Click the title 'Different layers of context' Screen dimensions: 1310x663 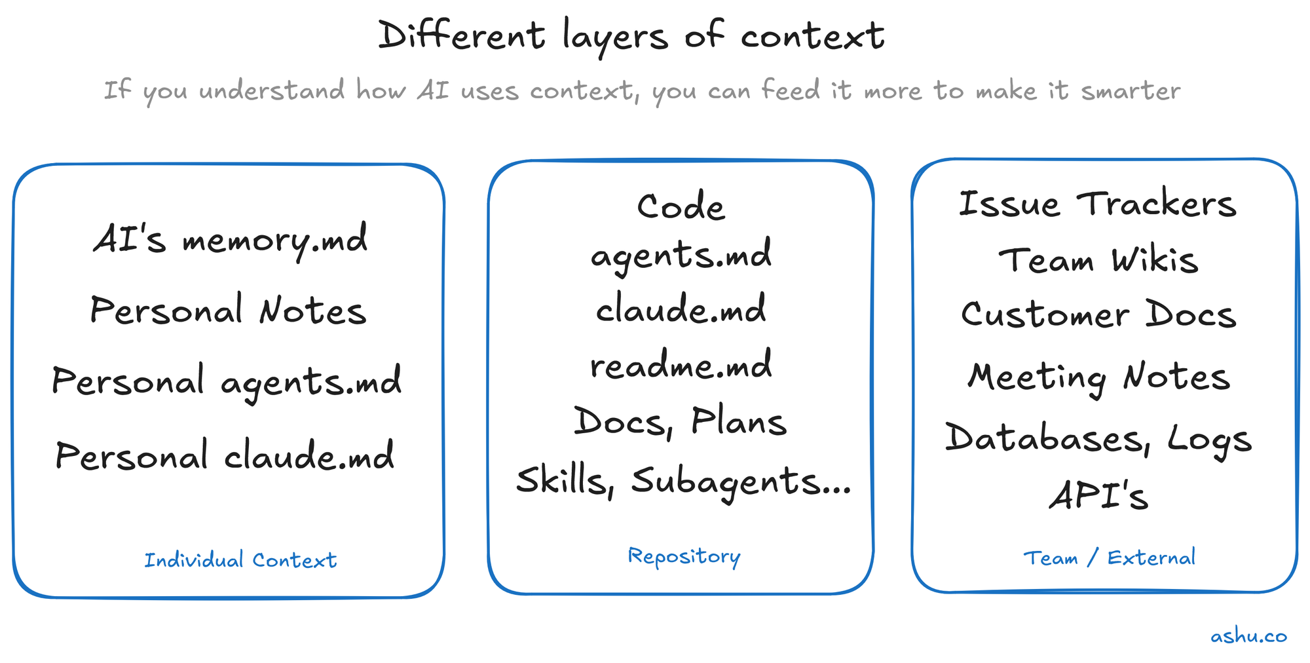pos(631,36)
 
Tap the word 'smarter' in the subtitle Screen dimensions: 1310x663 pos(1131,90)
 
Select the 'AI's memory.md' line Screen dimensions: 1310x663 pos(231,240)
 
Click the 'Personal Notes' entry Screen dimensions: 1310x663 pos(228,311)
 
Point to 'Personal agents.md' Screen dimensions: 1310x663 pos(227,381)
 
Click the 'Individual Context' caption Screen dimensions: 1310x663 pos(240,560)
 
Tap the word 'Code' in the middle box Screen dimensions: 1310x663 pos(681,207)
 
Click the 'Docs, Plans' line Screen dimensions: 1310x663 pos(680,422)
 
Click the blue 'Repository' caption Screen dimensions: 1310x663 pos(684,556)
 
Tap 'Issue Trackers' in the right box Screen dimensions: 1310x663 pos(1098,204)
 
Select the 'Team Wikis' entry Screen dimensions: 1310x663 pos(1098,261)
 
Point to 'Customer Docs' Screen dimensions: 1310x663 pos(1098,315)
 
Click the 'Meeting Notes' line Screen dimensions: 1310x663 pos(1099,377)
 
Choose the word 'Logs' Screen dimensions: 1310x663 pos(1210,440)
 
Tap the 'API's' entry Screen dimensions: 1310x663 pos(1099,496)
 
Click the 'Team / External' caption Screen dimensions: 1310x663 pos(1109,558)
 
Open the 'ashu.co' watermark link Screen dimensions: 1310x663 pos(1248,636)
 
